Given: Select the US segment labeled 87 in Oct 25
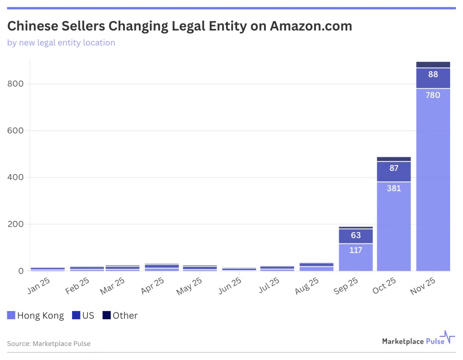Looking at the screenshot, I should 394,172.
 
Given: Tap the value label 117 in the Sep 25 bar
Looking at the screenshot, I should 356,250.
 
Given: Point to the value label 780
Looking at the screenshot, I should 433,95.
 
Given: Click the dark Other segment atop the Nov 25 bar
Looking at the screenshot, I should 433,65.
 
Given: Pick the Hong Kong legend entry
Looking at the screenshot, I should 36,316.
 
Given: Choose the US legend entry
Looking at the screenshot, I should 83,316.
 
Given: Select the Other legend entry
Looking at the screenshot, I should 120,316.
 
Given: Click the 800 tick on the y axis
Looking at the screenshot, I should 15,84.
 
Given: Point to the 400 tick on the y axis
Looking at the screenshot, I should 15,177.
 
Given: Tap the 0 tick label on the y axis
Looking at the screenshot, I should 21,271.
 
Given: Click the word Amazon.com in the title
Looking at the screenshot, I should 311,26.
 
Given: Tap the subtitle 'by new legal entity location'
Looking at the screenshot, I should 61,42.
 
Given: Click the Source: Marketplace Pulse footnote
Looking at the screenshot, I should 49,344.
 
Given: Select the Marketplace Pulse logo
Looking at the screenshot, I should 418,340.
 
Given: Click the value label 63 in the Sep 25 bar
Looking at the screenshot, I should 356,236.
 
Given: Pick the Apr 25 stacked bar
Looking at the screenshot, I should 162,267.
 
